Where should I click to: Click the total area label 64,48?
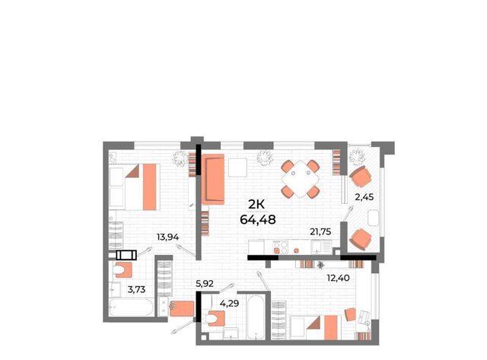coord(258,220)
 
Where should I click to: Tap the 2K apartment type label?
coord(256,205)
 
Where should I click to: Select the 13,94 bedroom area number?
coord(168,237)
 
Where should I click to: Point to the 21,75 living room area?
coord(320,231)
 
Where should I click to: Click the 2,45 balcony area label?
coord(364,197)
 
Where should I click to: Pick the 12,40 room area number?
coord(338,278)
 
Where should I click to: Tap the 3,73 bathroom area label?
coord(137,289)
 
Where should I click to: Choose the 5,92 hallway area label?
coord(205,283)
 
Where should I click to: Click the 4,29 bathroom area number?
coord(229,303)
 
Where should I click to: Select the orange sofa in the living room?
coord(213,179)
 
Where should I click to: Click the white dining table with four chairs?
coord(300,179)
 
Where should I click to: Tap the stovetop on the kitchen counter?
coord(280,247)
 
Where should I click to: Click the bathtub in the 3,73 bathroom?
coord(131,307)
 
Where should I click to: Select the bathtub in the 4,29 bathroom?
coord(256,317)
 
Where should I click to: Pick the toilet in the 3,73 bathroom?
coord(123,270)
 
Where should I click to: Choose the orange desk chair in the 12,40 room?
coord(351,314)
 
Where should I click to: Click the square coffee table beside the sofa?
coord(238,167)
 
